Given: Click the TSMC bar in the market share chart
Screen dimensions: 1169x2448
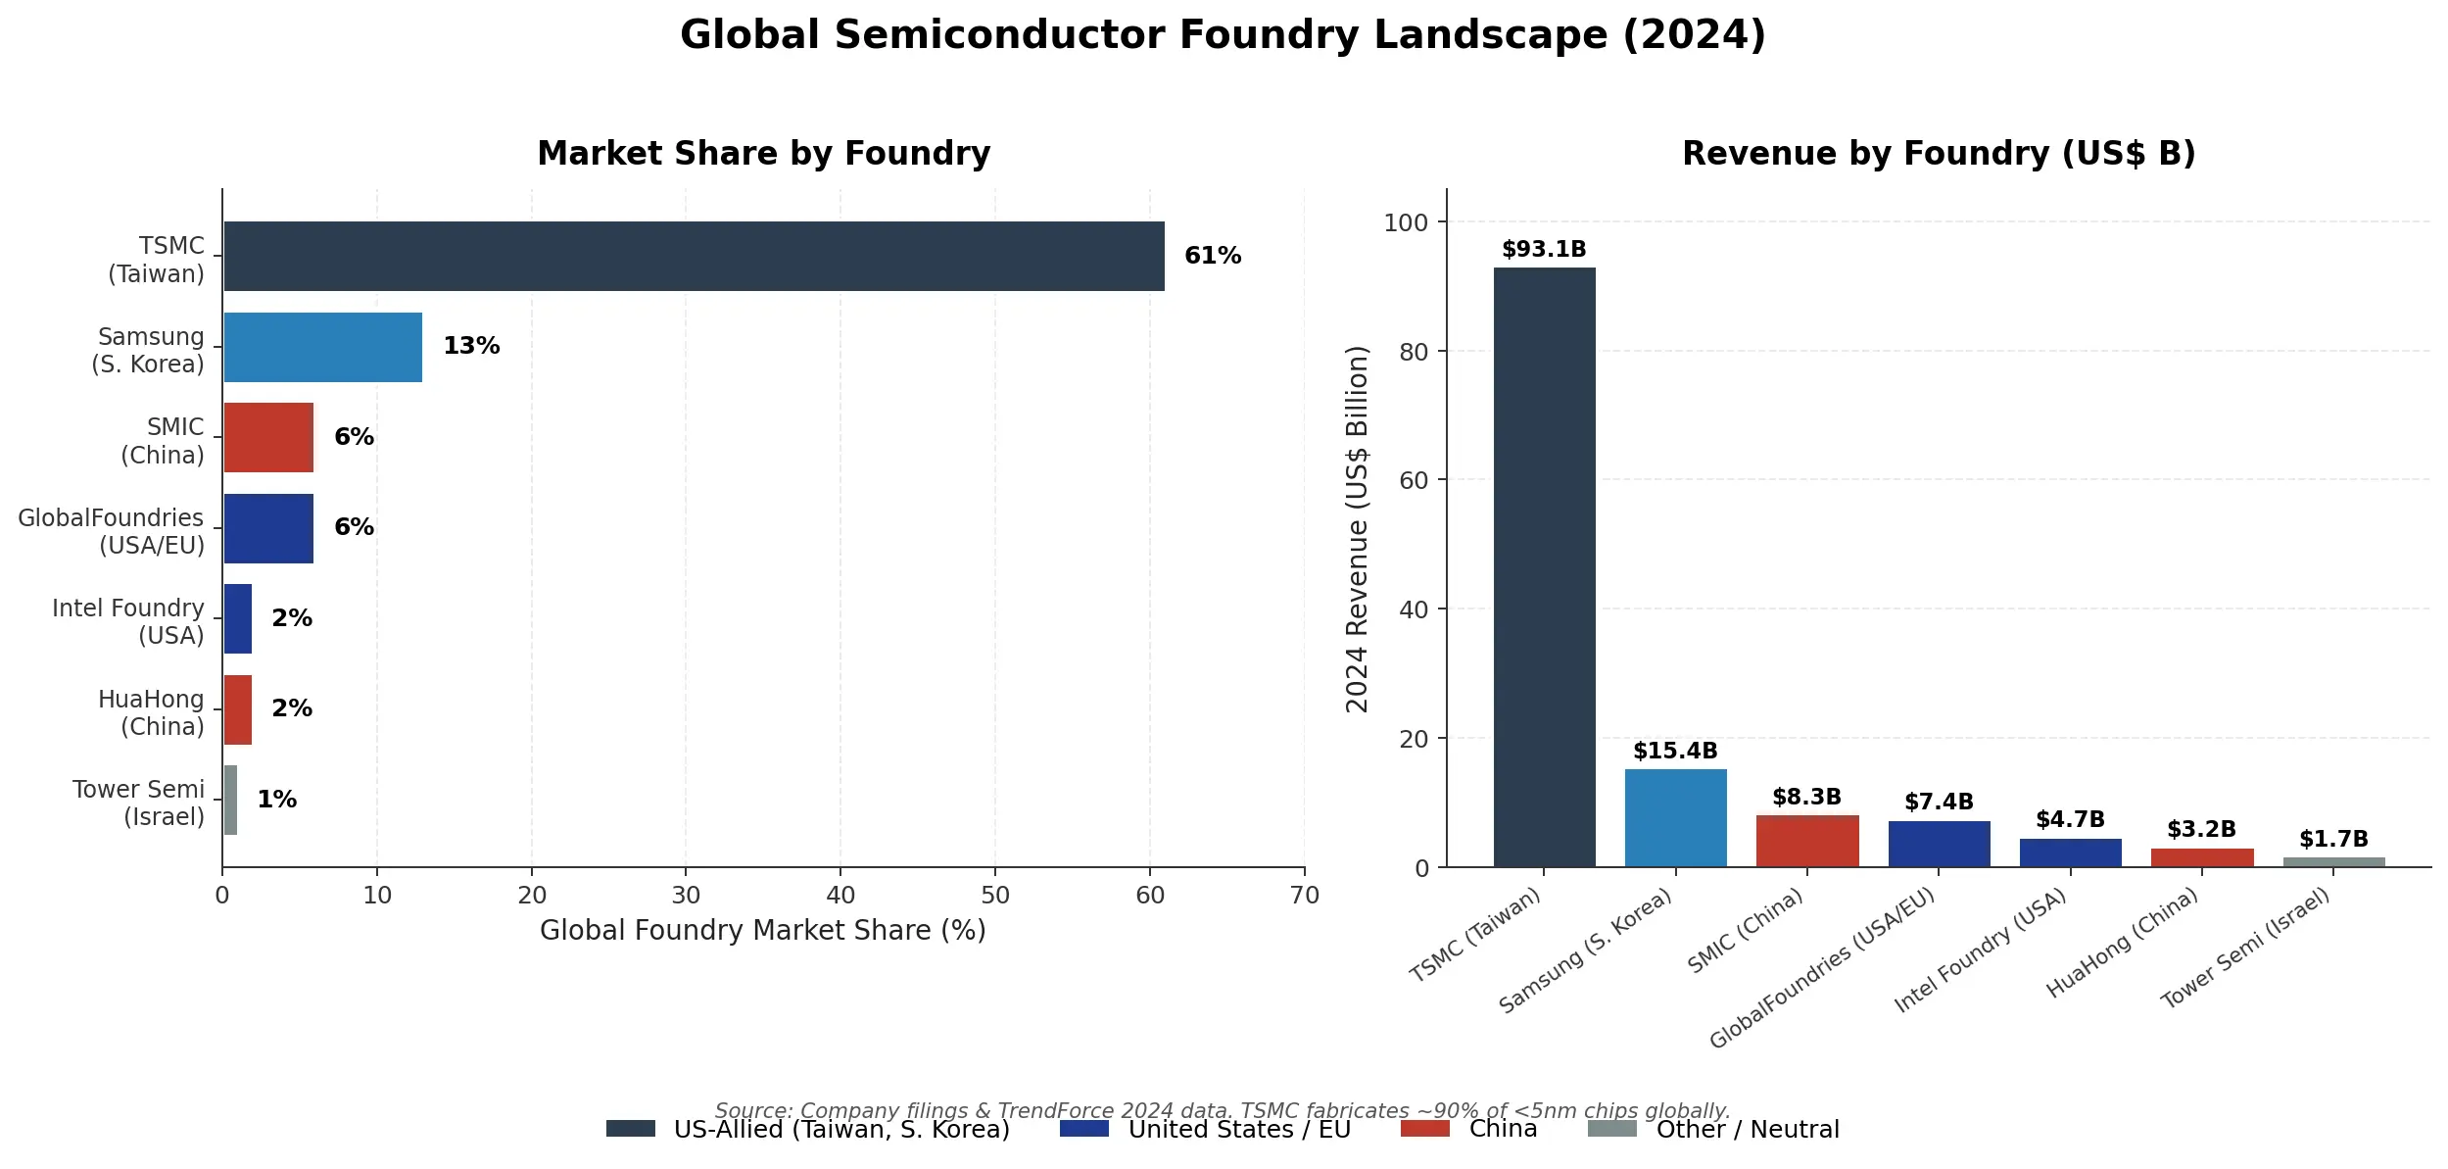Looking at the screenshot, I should (694, 256).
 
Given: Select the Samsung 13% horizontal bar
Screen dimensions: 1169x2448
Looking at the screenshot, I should (322, 347).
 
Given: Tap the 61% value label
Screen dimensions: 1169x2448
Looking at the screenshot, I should (1212, 256).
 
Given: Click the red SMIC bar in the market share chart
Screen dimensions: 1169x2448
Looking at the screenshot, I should (268, 437).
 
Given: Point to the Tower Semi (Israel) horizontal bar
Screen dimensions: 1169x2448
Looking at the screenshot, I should (230, 800).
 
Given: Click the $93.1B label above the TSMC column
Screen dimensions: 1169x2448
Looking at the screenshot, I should (1543, 249).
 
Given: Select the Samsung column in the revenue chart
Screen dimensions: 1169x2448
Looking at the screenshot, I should (1674, 817).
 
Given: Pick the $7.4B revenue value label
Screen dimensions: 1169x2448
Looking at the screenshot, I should (1938, 802).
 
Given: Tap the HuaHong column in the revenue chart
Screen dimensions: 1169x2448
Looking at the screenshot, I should (2201, 857).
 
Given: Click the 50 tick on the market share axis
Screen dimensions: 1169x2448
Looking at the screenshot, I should (994, 895).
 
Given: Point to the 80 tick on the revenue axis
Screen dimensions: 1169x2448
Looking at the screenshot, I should (1413, 352).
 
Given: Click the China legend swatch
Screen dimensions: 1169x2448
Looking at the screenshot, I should (1424, 1129).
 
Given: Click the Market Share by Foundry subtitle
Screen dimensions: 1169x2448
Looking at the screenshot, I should (763, 154).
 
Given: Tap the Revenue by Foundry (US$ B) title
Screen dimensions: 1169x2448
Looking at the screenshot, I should (1938, 154).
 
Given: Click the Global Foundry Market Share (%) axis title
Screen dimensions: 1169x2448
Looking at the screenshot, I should (762, 930).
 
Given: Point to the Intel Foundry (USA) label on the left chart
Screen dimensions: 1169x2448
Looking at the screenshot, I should (128, 621).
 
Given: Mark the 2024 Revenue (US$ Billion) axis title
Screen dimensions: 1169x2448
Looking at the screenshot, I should (1357, 529).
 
